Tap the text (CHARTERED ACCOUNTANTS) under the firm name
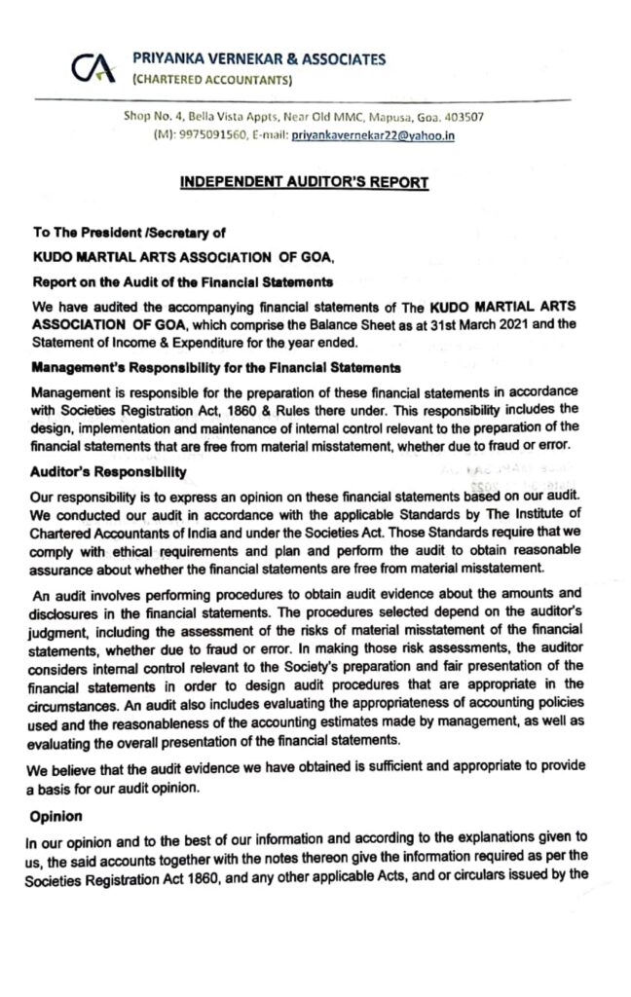click(211, 79)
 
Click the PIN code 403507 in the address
click(465, 118)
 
